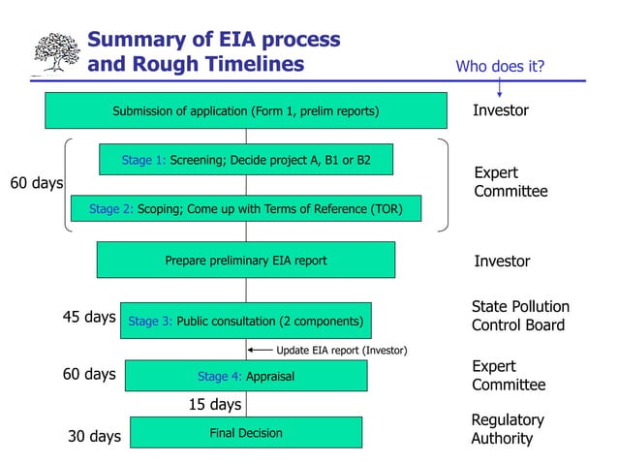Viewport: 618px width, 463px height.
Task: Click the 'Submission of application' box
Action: pyautogui.click(x=246, y=110)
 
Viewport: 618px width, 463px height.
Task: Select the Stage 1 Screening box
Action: pyautogui.click(x=246, y=160)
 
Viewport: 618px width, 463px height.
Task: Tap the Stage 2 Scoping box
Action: pyautogui.click(x=246, y=208)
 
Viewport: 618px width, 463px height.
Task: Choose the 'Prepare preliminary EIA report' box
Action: pyautogui.click(x=246, y=260)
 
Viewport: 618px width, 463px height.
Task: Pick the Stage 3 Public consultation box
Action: pyautogui.click(x=246, y=321)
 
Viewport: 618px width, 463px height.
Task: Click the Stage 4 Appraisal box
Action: pyautogui.click(x=246, y=376)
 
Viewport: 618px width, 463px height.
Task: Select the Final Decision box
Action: pyautogui.click(x=246, y=433)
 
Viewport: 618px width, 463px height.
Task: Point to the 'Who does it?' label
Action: pyautogui.click(x=500, y=66)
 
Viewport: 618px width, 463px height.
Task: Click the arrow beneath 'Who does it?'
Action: pyautogui.click(x=500, y=87)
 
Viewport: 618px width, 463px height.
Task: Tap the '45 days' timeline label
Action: pyautogui.click(x=89, y=317)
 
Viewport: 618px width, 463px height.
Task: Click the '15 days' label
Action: pyautogui.click(x=214, y=404)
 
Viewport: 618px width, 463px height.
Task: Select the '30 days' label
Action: pyautogui.click(x=94, y=437)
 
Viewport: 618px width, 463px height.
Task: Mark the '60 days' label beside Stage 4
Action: pyautogui.click(x=89, y=374)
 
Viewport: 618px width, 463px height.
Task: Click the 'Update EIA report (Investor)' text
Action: pyautogui.click(x=342, y=350)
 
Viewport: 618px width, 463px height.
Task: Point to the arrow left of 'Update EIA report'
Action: pyautogui.click(x=260, y=350)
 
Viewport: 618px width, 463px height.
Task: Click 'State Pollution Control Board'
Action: pyautogui.click(x=520, y=316)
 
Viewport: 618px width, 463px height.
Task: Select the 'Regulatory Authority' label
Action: pyautogui.click(x=507, y=429)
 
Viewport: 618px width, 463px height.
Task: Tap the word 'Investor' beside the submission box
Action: pyautogui.click(x=501, y=110)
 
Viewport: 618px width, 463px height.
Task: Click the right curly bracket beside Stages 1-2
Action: pyautogui.click(x=443, y=185)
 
